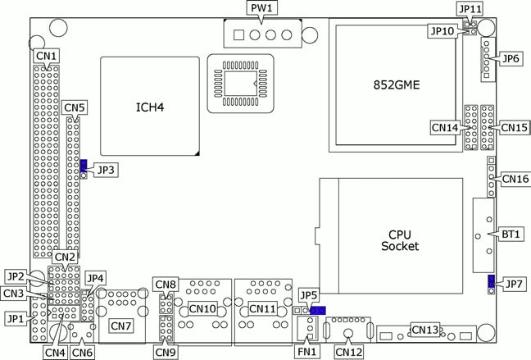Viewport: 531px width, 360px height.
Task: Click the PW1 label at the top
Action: click(x=263, y=8)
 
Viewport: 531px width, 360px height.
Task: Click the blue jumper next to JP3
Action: click(x=83, y=166)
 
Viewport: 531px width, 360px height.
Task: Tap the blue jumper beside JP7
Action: click(x=491, y=283)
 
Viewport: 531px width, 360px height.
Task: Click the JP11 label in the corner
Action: click(x=470, y=8)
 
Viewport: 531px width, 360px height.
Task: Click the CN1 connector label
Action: click(x=46, y=57)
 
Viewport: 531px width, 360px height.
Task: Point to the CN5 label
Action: click(x=74, y=107)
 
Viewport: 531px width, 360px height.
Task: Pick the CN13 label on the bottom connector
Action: click(x=425, y=330)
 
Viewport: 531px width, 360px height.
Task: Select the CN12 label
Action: click(x=348, y=352)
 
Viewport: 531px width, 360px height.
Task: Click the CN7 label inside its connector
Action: click(x=121, y=326)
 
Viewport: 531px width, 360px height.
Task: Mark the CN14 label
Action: click(x=444, y=127)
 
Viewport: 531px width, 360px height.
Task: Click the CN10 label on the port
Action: click(x=202, y=309)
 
